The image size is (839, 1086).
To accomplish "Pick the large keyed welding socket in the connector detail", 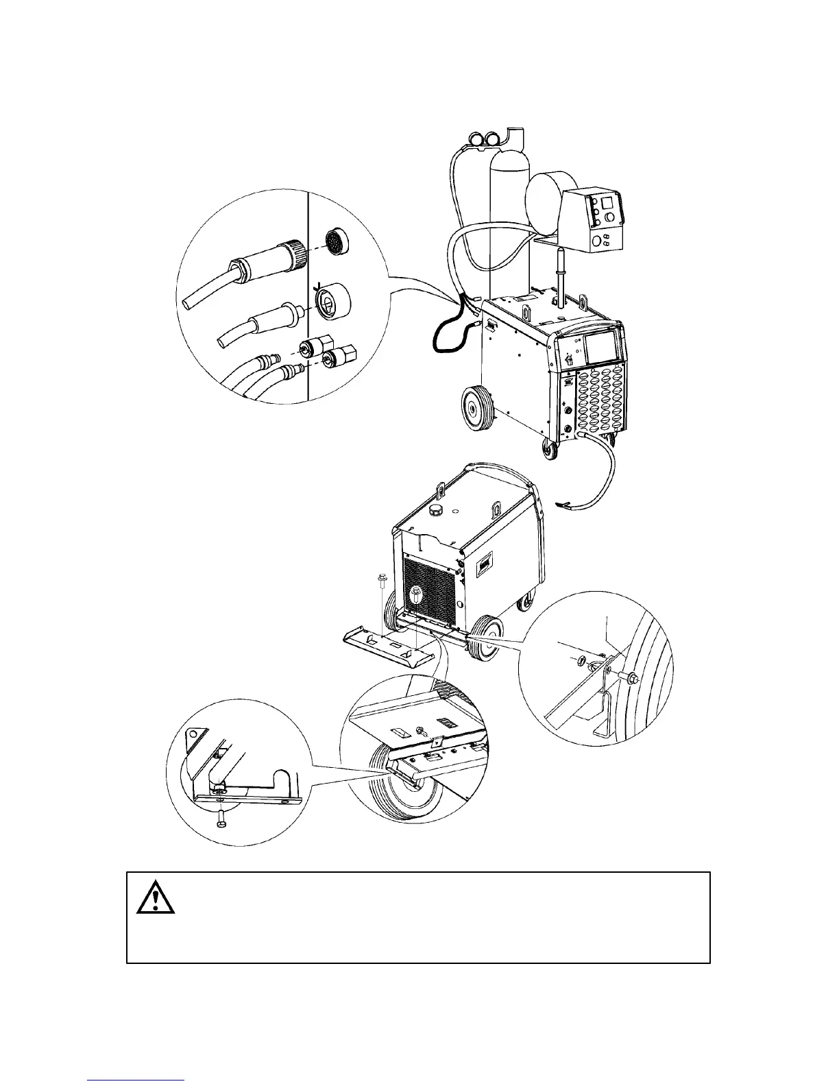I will [331, 302].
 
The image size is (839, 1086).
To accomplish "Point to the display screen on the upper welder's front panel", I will [600, 350].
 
